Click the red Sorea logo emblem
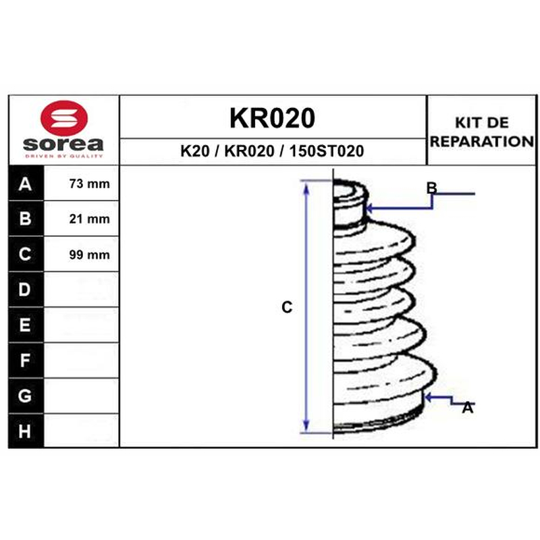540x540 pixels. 64,118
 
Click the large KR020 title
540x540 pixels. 272,118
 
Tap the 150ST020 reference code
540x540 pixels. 327,151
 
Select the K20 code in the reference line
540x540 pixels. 195,151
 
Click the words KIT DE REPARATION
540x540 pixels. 482,132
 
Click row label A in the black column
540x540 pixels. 25,184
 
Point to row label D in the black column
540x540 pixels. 24,290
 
